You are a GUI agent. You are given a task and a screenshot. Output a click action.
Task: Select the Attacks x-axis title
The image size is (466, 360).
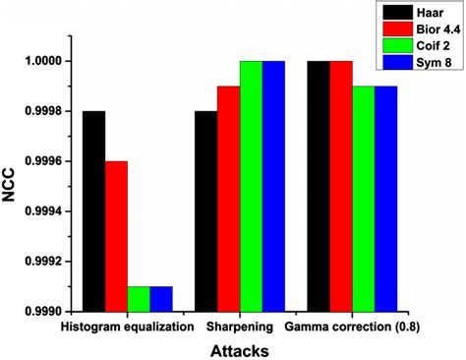pyautogui.click(x=241, y=348)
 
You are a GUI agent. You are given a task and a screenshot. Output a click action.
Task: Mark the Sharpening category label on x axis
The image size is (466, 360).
pyautogui.click(x=243, y=325)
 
